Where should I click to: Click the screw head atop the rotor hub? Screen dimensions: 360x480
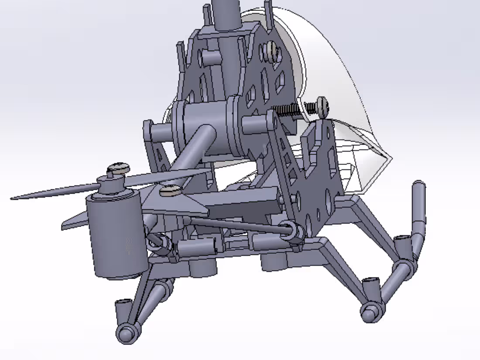click(118, 167)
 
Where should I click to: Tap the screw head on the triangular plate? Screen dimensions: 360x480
click(170, 190)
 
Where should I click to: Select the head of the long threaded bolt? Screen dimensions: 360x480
click(322, 106)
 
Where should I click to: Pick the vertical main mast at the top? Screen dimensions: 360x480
click(226, 13)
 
